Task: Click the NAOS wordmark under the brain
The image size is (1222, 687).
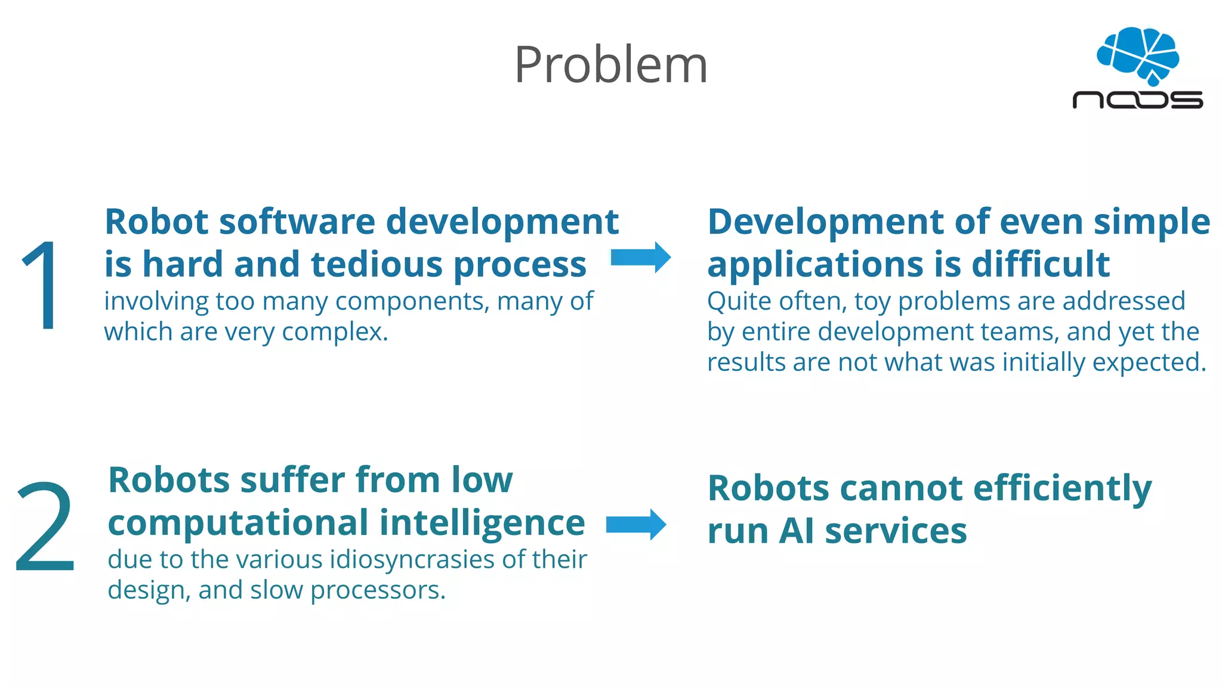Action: pyautogui.click(x=1137, y=100)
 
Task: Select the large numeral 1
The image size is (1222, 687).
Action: pyautogui.click(x=41, y=285)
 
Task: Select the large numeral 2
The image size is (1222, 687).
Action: pyautogui.click(x=45, y=527)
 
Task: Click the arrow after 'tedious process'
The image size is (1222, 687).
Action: pyautogui.click(x=641, y=258)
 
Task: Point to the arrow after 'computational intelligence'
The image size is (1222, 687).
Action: pyautogui.click(x=636, y=525)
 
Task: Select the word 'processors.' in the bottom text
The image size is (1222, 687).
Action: pyautogui.click(x=378, y=590)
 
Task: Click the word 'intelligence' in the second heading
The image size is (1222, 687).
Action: pyautogui.click(x=482, y=523)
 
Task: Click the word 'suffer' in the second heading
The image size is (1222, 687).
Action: pyautogui.click(x=293, y=480)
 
